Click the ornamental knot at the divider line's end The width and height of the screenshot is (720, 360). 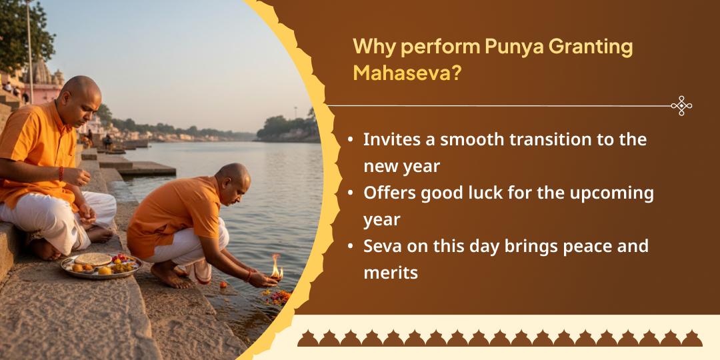pos(681,105)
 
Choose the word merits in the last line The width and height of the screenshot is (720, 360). pos(391,272)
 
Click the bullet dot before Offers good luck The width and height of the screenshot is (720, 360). pos(351,193)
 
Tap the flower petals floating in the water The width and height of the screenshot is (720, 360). pos(275,296)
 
